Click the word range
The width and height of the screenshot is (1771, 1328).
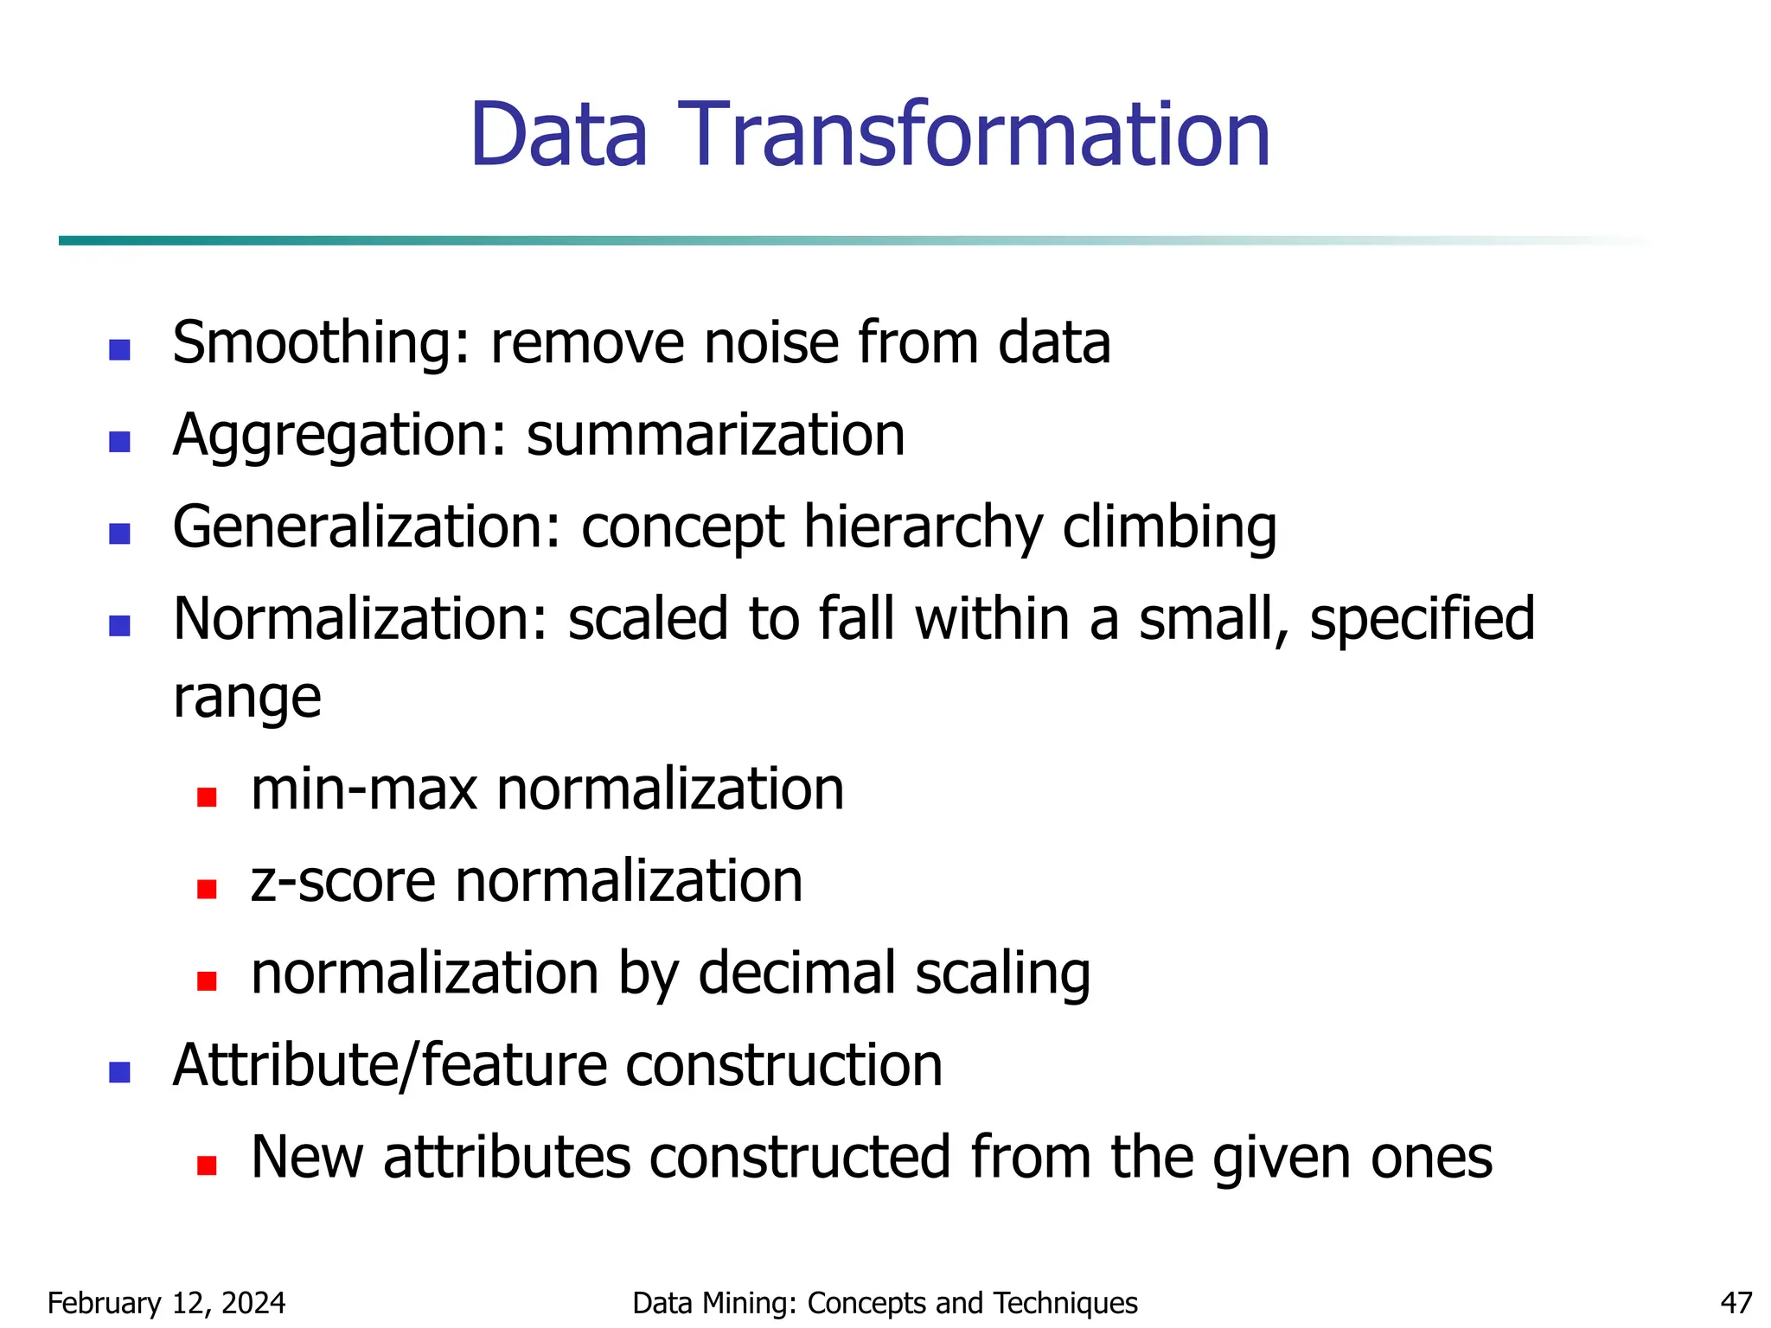[247, 699]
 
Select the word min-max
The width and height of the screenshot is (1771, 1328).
[364, 789]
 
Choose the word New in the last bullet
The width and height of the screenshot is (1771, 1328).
[307, 1158]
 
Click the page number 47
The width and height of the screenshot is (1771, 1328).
[1736, 1303]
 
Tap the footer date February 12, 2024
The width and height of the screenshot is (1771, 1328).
[166, 1303]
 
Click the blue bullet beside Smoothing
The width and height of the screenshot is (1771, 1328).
[119, 350]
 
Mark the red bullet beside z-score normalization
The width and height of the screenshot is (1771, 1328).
[207, 889]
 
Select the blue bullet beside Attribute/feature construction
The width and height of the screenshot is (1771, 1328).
[119, 1073]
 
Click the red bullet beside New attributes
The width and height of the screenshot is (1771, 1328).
[207, 1165]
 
